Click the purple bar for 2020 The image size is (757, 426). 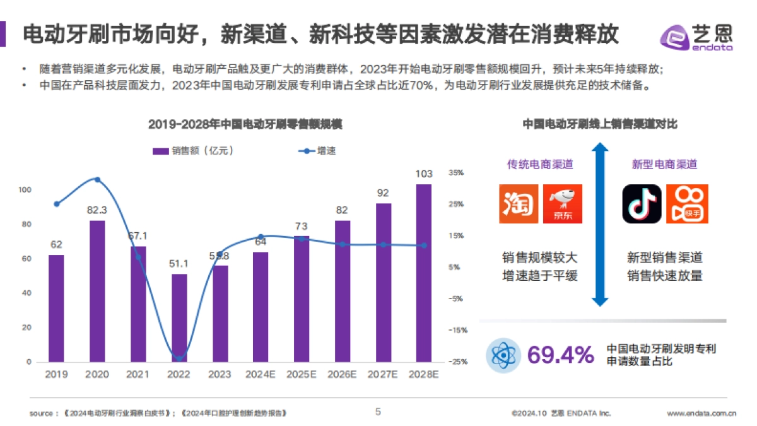point(97,291)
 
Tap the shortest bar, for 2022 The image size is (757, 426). point(179,318)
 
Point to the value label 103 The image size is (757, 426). point(424,174)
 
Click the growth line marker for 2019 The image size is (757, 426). point(57,204)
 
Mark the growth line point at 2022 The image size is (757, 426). point(179,358)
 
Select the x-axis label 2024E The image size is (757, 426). point(261,374)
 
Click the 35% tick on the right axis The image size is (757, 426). point(456,172)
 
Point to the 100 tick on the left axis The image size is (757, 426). point(25,190)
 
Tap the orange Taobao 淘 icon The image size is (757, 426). point(519,204)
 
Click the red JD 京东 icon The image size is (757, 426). point(563,204)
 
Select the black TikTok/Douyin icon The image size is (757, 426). point(642,204)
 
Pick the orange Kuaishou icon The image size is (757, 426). point(687,204)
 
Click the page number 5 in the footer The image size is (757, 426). point(378,412)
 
